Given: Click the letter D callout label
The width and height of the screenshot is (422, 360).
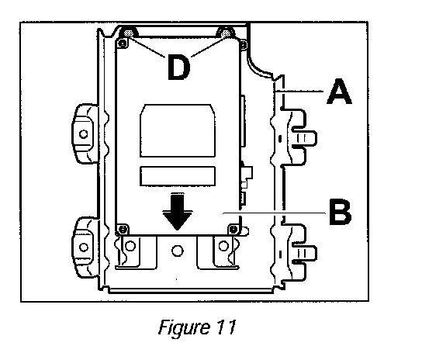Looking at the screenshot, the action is pos(178,67).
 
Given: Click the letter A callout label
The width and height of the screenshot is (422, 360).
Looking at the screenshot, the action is pos(339,91).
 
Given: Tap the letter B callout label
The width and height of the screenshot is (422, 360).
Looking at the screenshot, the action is pos(341,212).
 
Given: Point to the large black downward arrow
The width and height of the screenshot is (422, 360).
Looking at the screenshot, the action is pos(178,211).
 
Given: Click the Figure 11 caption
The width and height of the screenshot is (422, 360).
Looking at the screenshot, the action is pos(197,327).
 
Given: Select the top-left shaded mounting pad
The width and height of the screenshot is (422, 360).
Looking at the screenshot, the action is pos(128,33).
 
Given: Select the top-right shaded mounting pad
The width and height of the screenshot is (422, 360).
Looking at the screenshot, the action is pos(226,33).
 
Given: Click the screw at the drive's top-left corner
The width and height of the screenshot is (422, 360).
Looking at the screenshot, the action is pos(123,43).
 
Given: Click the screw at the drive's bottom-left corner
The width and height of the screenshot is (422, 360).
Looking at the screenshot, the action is pos(123,230).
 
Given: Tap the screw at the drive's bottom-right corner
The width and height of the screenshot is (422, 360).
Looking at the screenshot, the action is pos(233,230).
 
